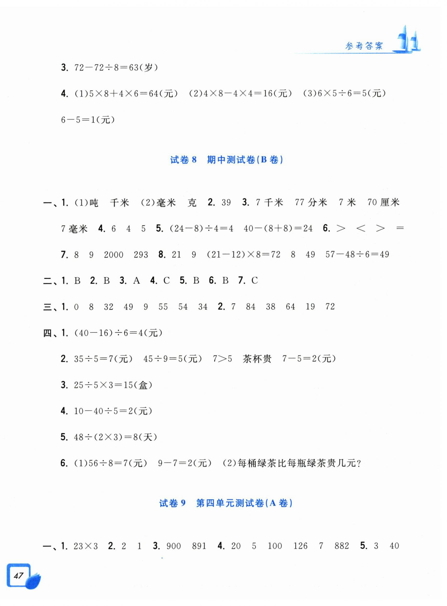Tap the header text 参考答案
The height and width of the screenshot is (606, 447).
point(364,46)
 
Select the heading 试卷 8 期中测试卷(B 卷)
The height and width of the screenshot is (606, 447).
point(226,160)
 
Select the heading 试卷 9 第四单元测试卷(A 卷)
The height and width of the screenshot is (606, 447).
point(226,503)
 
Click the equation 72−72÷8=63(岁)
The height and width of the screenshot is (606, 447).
point(116,67)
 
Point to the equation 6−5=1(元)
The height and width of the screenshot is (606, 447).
point(88,120)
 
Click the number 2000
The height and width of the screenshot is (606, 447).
point(113,255)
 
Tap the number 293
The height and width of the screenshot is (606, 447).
point(141,255)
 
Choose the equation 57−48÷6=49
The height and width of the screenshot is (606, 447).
point(357,254)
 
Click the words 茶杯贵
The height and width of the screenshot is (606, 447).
point(257,359)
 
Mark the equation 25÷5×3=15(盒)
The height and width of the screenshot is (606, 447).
point(113,385)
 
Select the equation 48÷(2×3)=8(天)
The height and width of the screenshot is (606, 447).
point(115,437)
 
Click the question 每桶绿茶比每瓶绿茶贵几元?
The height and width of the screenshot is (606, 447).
point(299,463)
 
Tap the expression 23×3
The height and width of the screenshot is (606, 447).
point(85,546)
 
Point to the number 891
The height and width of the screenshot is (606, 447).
point(199,546)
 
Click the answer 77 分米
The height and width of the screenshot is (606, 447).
point(311,203)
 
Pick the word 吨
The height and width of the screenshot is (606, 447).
point(94,203)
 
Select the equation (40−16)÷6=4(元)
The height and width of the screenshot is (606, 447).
point(118,333)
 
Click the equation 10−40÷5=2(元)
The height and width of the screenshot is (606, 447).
point(113,411)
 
